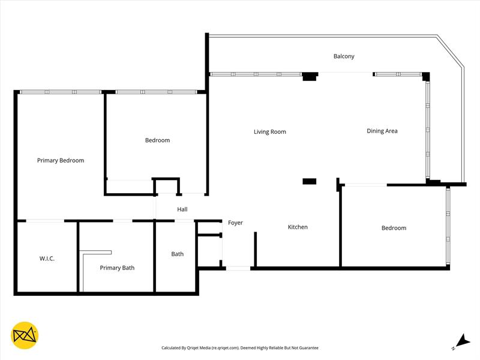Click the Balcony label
click(344, 56)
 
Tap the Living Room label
click(269, 131)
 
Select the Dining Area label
click(382, 131)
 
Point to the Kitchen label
click(298, 227)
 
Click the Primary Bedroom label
click(61, 160)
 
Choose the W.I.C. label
click(47, 259)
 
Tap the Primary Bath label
click(117, 268)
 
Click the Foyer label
click(235, 223)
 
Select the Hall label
click(182, 209)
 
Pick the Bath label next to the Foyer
click(178, 254)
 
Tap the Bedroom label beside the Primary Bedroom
click(157, 140)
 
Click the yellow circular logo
click(25, 335)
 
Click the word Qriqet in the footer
click(196, 348)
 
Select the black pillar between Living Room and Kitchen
click(310, 181)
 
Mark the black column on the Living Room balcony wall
click(310, 76)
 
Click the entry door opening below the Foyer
click(238, 268)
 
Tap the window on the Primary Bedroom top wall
click(61, 92)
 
